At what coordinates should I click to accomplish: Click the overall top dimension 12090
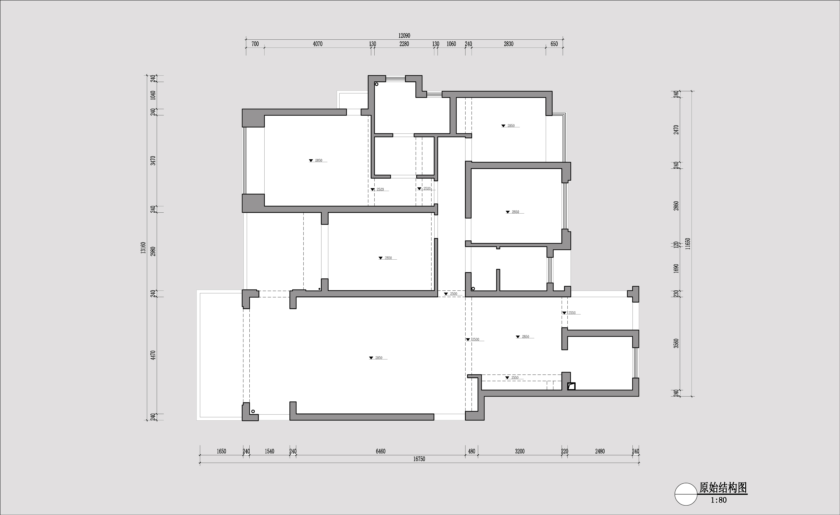coord(404,36)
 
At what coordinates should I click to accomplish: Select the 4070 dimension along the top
coord(317,44)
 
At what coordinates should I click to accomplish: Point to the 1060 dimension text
coord(451,44)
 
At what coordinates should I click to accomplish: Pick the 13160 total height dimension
coord(143,248)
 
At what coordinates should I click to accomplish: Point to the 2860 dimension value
coord(676,206)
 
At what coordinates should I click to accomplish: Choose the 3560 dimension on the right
coord(676,343)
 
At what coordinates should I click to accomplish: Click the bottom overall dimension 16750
coord(419,459)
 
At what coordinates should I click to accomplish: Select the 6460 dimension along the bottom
coord(380,451)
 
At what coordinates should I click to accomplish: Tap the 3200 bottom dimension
coord(520,451)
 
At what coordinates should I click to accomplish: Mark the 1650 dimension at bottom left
coord(221,451)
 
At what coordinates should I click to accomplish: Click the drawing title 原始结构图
coord(723,488)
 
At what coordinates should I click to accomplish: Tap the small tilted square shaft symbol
coord(571,386)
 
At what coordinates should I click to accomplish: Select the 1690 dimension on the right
coord(676,268)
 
